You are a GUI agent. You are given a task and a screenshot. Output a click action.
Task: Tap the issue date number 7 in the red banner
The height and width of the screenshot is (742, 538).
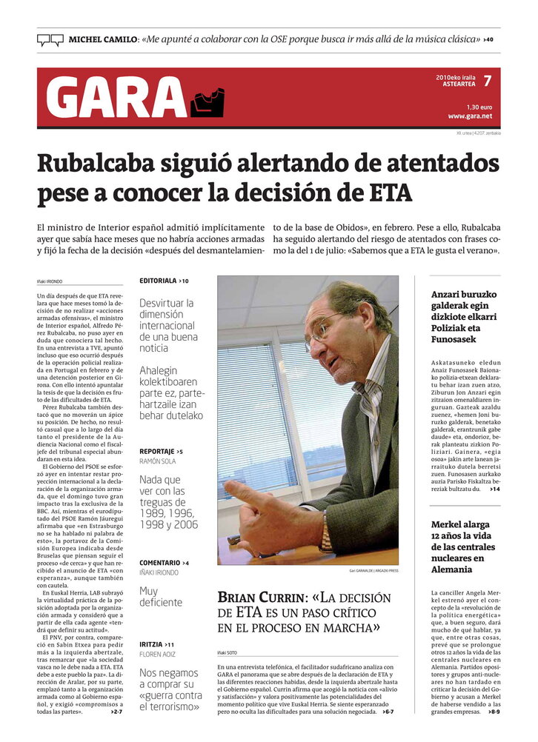[x=487, y=81]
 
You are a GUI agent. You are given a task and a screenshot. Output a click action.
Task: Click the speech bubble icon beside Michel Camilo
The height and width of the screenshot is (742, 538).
[x=50, y=40]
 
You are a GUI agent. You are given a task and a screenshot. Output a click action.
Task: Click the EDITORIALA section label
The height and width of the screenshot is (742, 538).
[x=158, y=281]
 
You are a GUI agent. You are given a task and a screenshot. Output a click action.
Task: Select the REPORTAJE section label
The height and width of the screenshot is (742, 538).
[x=157, y=451]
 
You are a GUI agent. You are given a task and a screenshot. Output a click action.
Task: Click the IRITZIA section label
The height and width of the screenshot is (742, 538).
[x=152, y=645]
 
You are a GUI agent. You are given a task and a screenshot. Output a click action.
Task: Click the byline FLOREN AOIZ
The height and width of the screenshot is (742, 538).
[x=156, y=655]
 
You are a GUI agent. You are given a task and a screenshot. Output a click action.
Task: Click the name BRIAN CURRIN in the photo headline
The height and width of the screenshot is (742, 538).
[x=259, y=597]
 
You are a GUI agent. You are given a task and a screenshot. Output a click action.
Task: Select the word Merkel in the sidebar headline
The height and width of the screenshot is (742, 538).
[x=448, y=524]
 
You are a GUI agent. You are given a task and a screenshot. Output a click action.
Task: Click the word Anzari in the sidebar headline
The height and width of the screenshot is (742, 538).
[x=449, y=294]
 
